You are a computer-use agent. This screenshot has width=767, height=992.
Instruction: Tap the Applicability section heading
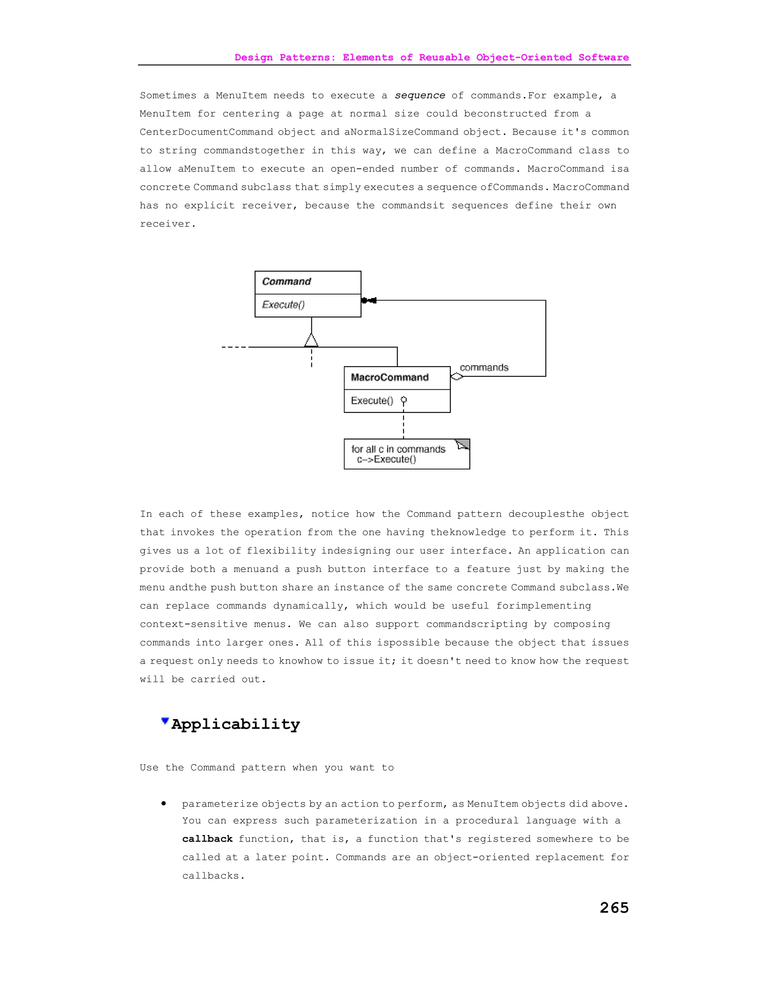[235, 724]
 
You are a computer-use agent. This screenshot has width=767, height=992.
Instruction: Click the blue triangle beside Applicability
[165, 721]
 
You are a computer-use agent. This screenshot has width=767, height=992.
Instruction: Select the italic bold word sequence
[420, 95]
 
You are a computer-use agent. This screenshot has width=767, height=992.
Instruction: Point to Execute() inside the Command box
[283, 305]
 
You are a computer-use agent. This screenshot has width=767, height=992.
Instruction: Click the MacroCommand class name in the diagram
[390, 377]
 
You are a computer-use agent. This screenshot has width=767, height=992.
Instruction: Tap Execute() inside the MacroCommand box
[372, 401]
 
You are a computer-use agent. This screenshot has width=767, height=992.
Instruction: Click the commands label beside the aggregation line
[484, 368]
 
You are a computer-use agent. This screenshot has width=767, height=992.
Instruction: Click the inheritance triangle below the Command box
[311, 340]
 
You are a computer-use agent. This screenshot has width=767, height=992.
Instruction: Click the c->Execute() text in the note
[386, 459]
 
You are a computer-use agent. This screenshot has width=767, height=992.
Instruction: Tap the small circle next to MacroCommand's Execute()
[403, 400]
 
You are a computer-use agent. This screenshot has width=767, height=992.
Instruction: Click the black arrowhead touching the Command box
[369, 300]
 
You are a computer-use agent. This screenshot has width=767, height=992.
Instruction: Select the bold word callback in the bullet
[207, 839]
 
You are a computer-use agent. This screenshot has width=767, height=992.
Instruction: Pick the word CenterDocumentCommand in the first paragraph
[206, 132]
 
